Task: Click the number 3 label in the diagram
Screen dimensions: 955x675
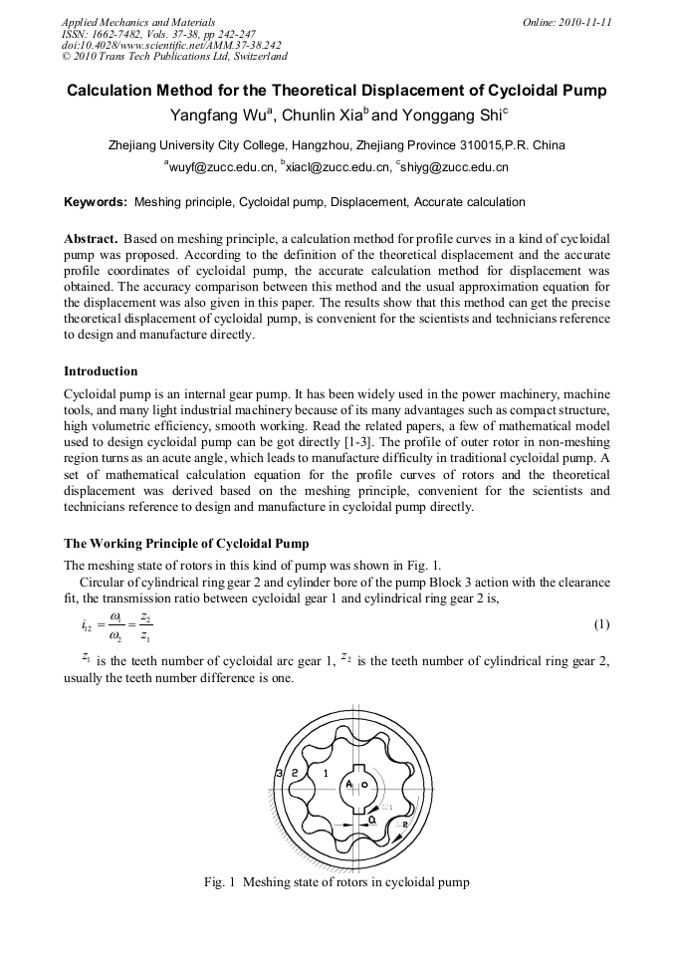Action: [280, 774]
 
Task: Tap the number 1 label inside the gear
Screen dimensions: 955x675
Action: [326, 773]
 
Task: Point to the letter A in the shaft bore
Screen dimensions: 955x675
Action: [349, 785]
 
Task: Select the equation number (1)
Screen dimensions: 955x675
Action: [600, 624]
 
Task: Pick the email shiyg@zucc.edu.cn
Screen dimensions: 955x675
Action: [454, 168]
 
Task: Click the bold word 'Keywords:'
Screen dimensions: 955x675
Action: [96, 202]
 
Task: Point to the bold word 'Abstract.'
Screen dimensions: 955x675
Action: [92, 240]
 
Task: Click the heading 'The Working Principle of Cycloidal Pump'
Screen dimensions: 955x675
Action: [186, 543]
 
